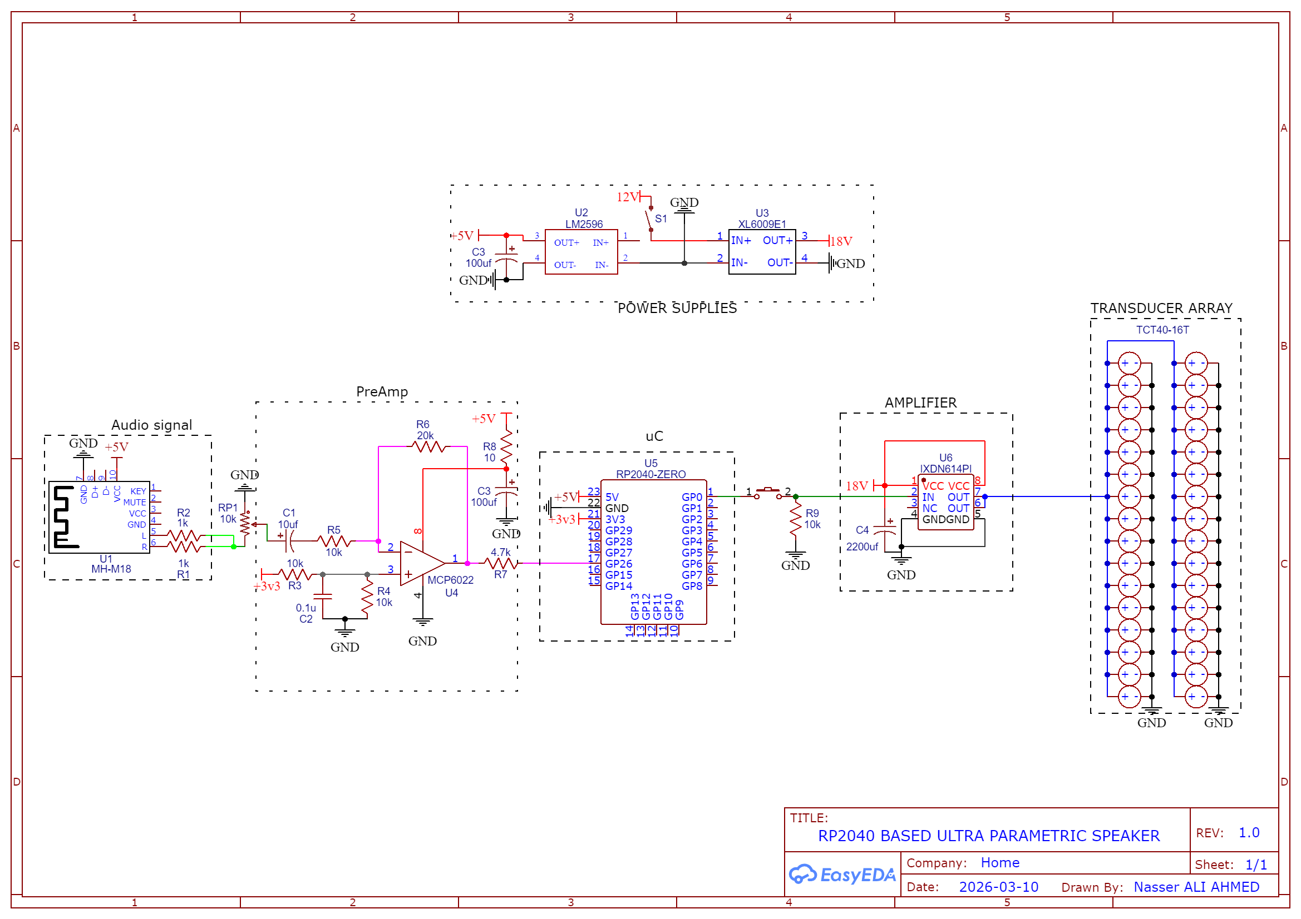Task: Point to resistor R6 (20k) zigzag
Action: [428, 447]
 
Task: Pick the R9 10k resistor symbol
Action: [796, 519]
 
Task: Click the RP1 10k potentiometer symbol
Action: [245, 524]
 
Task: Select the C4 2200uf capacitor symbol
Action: [885, 530]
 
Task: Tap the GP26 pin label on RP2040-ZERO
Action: [618, 564]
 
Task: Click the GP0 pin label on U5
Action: [692, 497]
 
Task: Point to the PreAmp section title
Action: [382, 392]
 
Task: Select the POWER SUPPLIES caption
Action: [677, 309]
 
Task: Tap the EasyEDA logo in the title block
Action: [842, 875]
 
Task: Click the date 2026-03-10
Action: [998, 887]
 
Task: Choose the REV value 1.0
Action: [1249, 833]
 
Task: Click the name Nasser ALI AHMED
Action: [1196, 887]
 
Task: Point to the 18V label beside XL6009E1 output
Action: [841, 242]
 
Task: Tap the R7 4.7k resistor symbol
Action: [501, 563]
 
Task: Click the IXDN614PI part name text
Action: [945, 469]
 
